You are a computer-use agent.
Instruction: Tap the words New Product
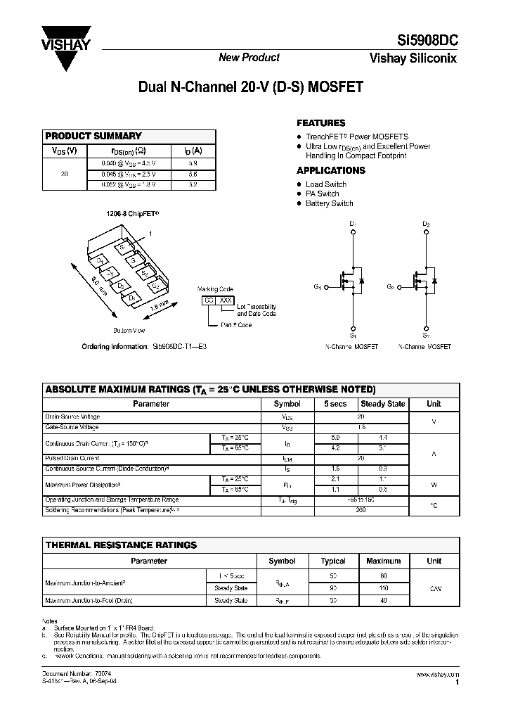coord(249,58)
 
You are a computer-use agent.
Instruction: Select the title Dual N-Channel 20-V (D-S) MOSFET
coord(250,88)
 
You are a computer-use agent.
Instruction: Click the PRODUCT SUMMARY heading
coord(93,136)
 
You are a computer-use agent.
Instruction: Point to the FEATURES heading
coord(320,122)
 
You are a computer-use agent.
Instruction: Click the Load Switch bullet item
coord(325,184)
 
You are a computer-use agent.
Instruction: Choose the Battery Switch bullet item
coord(329,203)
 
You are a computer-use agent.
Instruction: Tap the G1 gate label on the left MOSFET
coord(318,287)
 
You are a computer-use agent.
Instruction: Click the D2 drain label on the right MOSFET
coord(426,224)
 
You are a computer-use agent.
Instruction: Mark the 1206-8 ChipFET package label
coord(133,211)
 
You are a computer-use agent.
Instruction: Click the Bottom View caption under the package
coord(129,330)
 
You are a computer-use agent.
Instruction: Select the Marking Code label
coord(215,289)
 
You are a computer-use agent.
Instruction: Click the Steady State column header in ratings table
coord(382,404)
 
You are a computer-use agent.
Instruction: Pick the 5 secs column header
coord(335,404)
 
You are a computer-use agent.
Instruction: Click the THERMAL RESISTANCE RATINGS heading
coord(121,545)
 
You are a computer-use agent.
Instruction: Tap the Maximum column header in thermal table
coord(383,561)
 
